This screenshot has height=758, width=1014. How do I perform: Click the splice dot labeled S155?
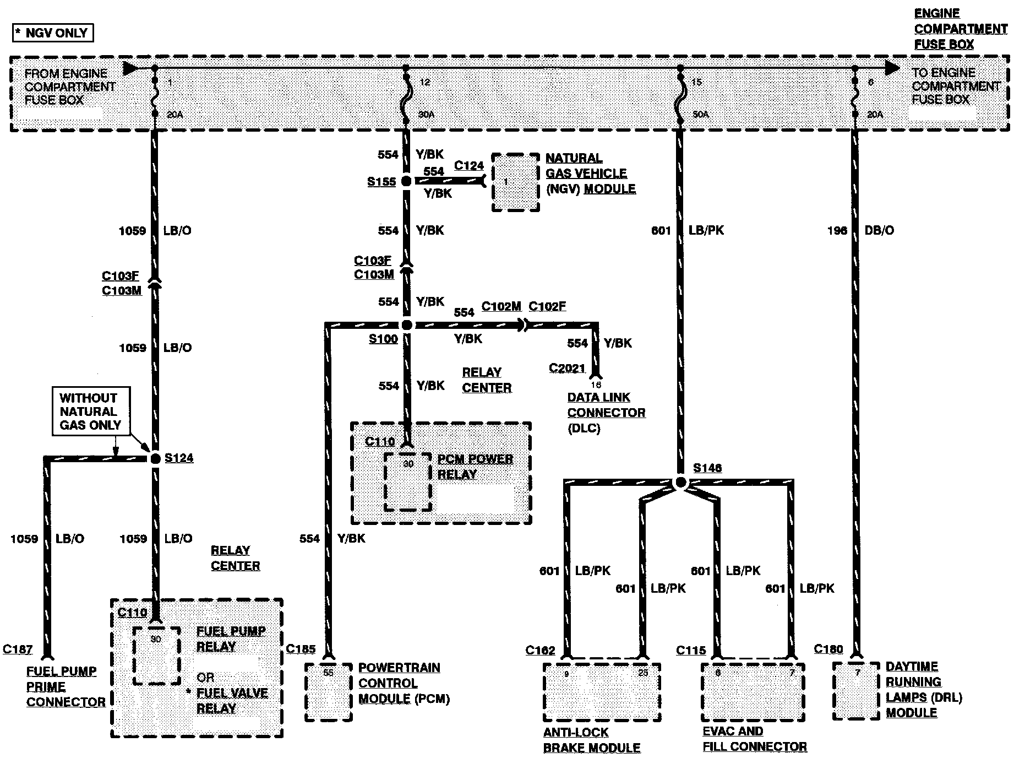(406, 181)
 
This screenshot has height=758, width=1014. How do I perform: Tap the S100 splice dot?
(407, 325)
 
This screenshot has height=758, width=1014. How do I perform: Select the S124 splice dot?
(155, 458)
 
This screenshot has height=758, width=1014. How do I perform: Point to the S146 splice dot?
(680, 483)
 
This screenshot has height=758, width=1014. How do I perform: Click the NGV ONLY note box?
(53, 33)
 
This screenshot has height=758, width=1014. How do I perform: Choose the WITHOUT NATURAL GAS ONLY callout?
(91, 412)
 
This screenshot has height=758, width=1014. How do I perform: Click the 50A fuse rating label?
(700, 115)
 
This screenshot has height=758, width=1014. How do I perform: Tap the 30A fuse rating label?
(426, 115)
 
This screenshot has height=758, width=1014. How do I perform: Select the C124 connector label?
(469, 165)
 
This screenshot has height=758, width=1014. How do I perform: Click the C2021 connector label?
(566, 367)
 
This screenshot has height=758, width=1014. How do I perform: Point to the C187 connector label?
(18, 649)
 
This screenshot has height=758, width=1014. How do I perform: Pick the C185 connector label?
(301, 649)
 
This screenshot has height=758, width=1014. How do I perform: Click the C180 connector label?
(828, 649)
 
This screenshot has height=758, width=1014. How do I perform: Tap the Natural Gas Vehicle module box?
(515, 182)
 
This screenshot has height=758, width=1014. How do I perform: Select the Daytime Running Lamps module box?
(857, 691)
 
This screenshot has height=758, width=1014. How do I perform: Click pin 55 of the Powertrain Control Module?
(328, 673)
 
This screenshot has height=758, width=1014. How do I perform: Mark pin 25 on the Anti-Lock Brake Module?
(643, 673)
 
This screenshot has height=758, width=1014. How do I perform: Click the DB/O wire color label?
(879, 230)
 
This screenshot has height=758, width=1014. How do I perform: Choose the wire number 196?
(837, 230)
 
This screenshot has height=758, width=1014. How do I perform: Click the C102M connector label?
(501, 306)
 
